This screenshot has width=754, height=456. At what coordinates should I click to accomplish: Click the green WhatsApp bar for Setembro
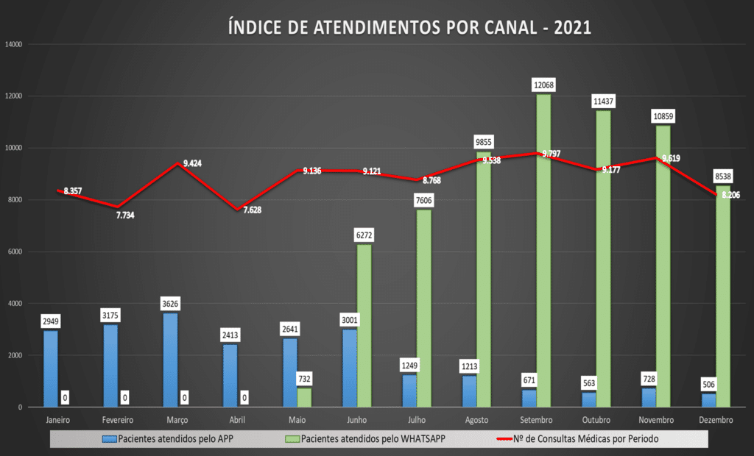click(x=543, y=250)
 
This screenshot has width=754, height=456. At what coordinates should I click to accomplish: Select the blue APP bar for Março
click(x=170, y=360)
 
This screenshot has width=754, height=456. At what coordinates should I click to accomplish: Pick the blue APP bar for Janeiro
click(x=50, y=368)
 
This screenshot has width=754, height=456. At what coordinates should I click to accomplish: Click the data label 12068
click(x=544, y=85)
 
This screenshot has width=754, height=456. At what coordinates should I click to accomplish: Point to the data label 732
click(x=304, y=378)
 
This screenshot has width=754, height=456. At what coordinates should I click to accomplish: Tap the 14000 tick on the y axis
click(x=15, y=44)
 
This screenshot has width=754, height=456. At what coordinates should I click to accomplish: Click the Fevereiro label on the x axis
click(x=118, y=420)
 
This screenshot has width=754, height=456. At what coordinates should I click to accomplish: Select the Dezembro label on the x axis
click(x=715, y=420)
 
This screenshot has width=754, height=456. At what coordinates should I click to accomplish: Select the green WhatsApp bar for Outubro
click(x=603, y=258)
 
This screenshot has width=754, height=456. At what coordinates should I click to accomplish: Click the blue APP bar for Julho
click(x=409, y=391)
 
